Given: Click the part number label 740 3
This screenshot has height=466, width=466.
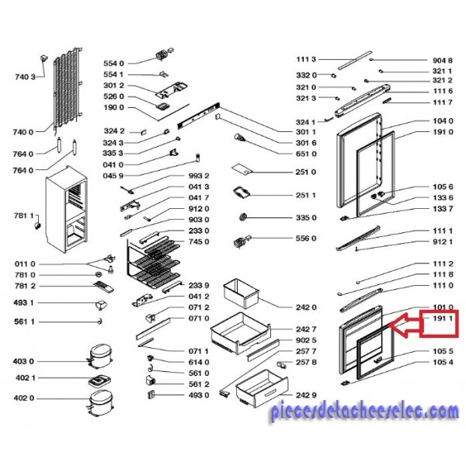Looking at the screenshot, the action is tap(25, 77).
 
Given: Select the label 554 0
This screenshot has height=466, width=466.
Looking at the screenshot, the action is tap(113, 64).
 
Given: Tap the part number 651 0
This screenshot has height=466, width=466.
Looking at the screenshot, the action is tap(306, 154).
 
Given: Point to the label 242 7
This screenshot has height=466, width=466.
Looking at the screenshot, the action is tap(306, 329).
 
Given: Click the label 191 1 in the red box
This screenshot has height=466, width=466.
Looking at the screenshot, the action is tap(443, 318).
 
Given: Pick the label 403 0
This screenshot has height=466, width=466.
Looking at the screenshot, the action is tap(23, 362).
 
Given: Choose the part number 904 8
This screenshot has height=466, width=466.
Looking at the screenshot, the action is tap(443, 61).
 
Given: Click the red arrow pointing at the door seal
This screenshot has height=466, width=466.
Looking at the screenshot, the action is tap(405, 325).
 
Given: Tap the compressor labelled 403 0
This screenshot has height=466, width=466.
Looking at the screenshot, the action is tap(100, 356).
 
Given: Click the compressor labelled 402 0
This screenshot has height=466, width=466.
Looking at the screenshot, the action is tap(100, 402).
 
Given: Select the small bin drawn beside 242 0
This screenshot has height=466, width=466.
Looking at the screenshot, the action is tap(241, 293).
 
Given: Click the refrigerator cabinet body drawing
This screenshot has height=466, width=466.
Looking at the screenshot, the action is tap(66, 210).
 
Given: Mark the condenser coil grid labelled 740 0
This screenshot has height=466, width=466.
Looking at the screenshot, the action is tap(68, 89).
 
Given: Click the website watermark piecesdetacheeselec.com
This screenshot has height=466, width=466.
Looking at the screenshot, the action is tap(365, 412).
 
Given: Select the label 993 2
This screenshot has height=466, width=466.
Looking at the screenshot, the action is tap(199, 176).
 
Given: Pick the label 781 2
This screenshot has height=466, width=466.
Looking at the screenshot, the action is tap(25, 286).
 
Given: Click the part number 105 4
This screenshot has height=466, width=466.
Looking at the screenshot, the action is tap(443, 362).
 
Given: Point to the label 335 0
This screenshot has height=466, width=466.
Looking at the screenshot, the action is tap(306, 217).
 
